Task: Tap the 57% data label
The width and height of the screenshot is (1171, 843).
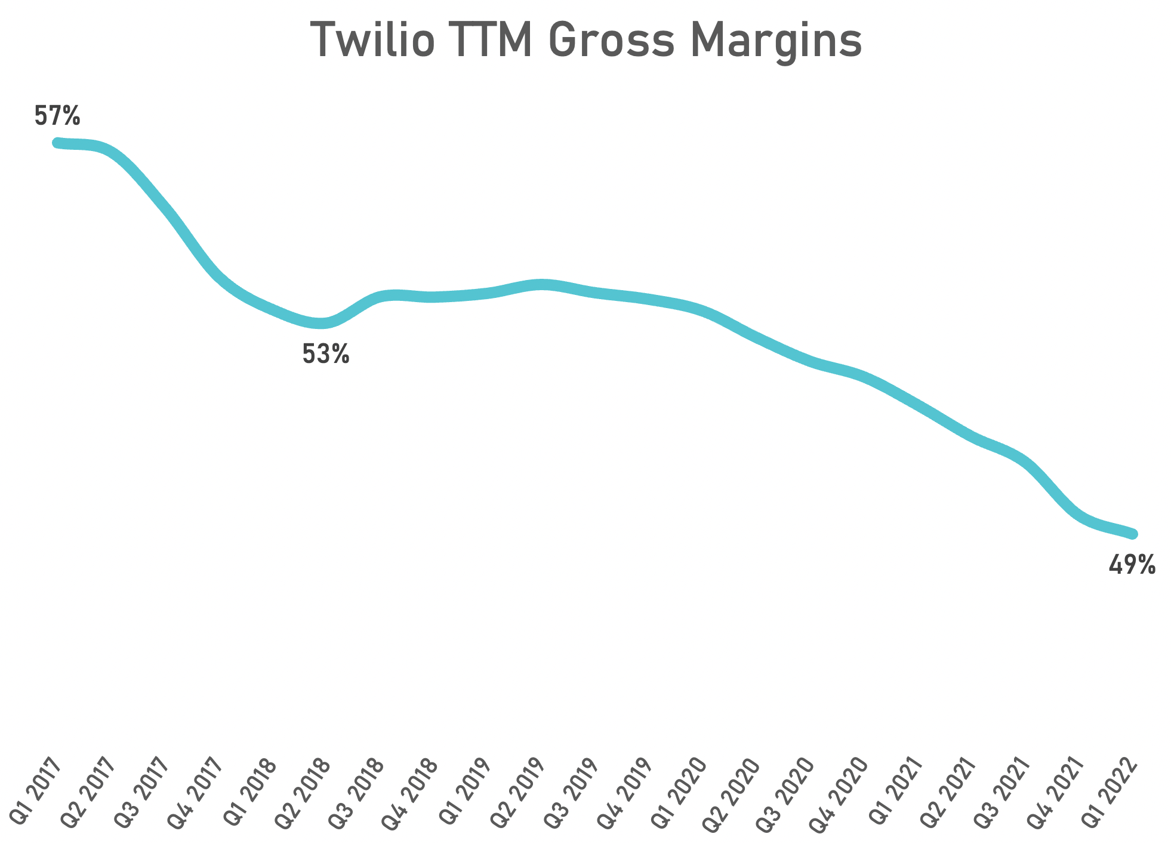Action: pyautogui.click(x=57, y=116)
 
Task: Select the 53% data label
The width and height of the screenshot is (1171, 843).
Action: pyautogui.click(x=325, y=355)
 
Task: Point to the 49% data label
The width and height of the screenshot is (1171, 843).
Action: pyautogui.click(x=1132, y=565)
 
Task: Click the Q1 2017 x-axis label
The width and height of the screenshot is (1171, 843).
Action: pyautogui.click(x=37, y=792)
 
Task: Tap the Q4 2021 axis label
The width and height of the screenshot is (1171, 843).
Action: pyautogui.click(x=1056, y=792)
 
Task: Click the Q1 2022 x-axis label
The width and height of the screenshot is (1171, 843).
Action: pyautogui.click(x=1110, y=792)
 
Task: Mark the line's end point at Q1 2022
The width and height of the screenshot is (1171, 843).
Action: pyautogui.click(x=1132, y=534)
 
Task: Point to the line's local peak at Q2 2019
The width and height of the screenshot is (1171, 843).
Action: pyautogui.click(x=541, y=284)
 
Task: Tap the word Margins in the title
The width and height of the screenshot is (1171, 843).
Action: pyautogui.click(x=776, y=42)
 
